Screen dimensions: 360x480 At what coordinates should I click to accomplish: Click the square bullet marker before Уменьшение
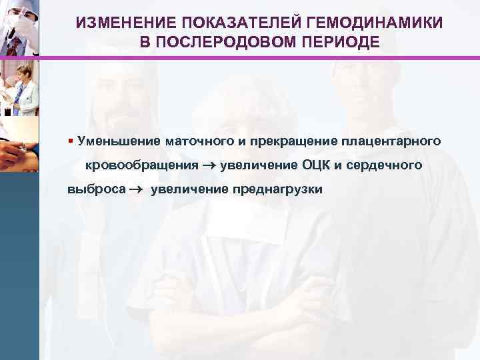coord(70,140)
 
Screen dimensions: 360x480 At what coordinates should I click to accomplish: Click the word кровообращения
coord(141,165)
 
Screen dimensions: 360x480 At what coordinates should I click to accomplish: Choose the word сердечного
coord(385,165)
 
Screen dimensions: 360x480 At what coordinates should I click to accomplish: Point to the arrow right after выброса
coord(137,189)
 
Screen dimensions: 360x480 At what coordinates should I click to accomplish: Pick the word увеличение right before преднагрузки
coord(189,189)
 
